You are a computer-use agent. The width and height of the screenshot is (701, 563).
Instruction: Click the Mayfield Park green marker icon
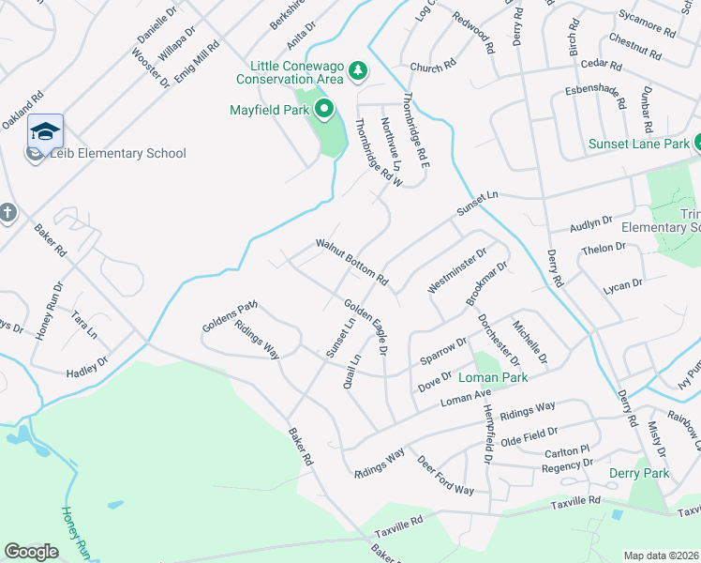pyautogui.click(x=324, y=111)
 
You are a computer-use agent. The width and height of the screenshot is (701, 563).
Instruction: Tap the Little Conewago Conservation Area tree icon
pyautogui.click(x=356, y=71)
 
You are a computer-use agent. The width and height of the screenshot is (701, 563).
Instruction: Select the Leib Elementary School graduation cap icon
pyautogui.click(x=45, y=132)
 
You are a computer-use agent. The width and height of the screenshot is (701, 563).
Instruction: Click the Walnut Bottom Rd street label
pyautogui.click(x=351, y=261)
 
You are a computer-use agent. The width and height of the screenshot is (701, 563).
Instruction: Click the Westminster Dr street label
pyautogui.click(x=458, y=270)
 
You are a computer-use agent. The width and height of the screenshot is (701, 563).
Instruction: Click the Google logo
pyautogui.click(x=31, y=551)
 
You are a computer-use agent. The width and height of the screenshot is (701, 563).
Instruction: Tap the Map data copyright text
pyautogui.click(x=661, y=555)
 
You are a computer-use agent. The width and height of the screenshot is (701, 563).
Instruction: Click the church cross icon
pyautogui.click(x=7, y=213)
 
